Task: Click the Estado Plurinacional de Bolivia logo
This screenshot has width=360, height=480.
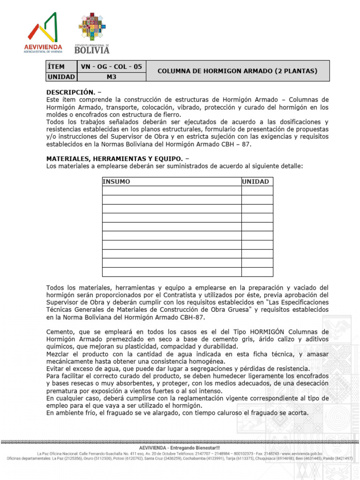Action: tap(92, 33)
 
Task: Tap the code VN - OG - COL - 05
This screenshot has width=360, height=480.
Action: tap(111, 66)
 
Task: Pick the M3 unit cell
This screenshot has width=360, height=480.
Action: tap(111, 76)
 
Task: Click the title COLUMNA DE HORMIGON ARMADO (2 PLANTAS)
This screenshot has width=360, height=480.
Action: tap(237, 71)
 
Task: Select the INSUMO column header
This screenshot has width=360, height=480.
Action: tap(116, 181)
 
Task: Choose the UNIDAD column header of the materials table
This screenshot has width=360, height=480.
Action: tap(255, 181)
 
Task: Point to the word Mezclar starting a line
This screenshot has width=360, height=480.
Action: tap(60, 354)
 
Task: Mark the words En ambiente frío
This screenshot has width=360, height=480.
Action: tap(70, 413)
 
